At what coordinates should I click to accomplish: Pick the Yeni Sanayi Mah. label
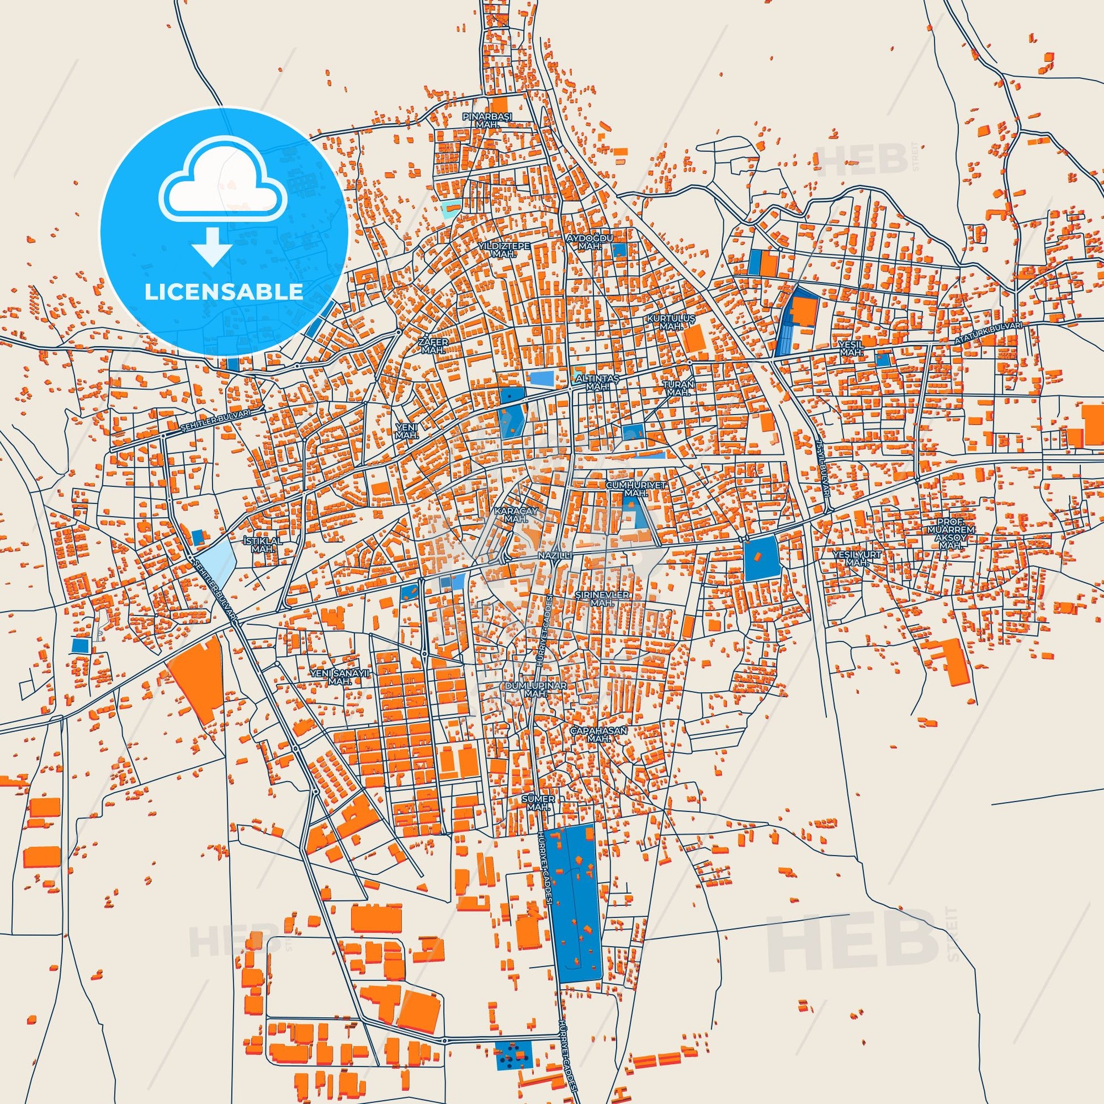pos(340,678)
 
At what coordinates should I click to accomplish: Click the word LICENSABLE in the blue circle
pos(224,292)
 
